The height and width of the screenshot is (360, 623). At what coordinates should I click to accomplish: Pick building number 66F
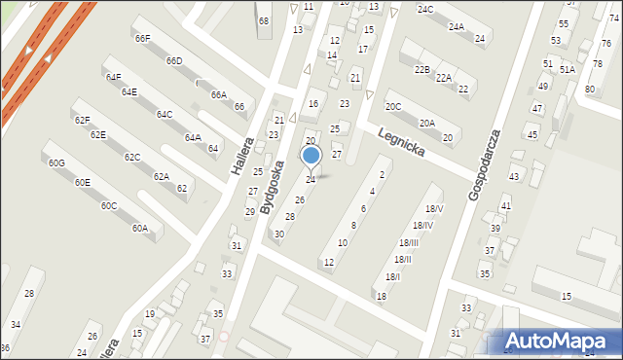143,39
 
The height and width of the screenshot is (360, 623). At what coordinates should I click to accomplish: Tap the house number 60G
56,162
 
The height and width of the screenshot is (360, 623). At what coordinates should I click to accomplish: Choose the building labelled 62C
132,157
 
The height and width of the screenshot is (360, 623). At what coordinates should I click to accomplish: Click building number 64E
128,92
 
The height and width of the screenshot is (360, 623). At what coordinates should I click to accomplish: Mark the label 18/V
434,209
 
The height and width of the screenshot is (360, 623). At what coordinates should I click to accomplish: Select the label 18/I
391,277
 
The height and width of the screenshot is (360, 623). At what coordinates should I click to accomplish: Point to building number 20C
392,106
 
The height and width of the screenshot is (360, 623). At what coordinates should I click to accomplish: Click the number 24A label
456,28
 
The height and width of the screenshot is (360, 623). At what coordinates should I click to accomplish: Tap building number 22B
421,70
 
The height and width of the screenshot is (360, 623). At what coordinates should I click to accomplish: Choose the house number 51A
567,70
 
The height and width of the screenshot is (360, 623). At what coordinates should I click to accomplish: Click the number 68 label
263,20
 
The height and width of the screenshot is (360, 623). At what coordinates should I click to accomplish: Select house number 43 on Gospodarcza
514,177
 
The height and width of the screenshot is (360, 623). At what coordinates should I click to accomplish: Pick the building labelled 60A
140,229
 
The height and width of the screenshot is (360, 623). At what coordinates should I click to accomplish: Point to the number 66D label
174,61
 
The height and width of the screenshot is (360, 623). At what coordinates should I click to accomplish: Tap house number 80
589,90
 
